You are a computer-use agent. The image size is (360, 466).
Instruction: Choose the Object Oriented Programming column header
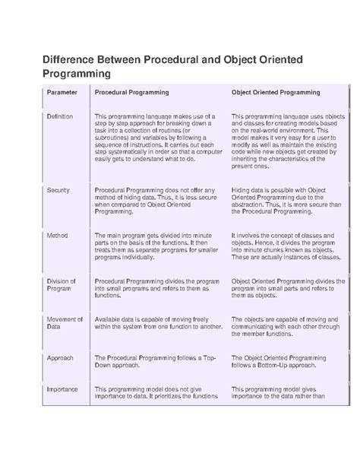pos(275,93)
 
